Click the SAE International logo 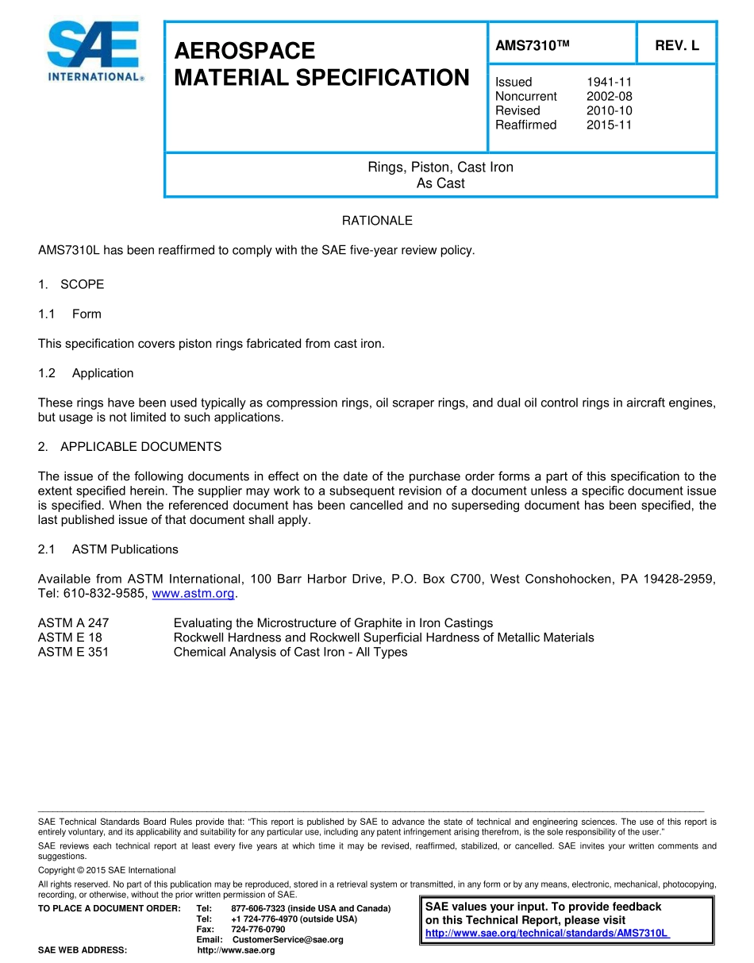coord(94,52)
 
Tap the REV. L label coord(677,46)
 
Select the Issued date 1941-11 coord(610,82)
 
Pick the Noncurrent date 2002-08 coord(610,96)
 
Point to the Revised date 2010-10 coord(610,110)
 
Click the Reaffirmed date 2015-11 coord(610,125)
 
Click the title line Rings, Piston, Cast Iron coord(440,168)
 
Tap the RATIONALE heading coord(377,221)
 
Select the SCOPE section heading coord(82,284)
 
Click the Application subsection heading coord(102,373)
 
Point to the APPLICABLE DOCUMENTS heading coord(140,447)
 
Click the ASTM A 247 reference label coord(73,623)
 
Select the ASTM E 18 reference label coord(70,638)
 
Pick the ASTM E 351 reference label coord(73,652)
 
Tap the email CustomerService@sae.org coord(288,940)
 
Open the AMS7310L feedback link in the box coord(548,934)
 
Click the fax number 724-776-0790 coord(258,929)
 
